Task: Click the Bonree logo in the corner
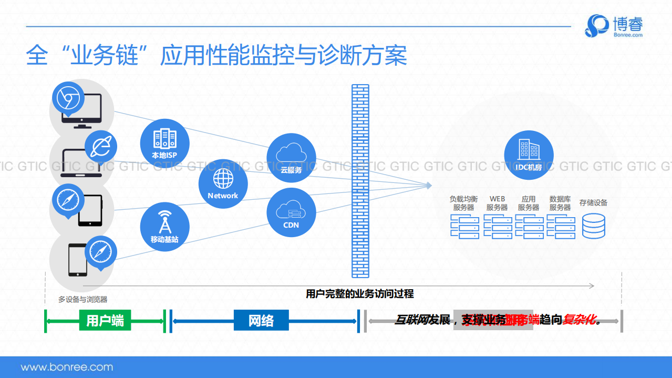pyautogui.click(x=614, y=26)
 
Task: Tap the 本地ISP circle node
pyautogui.click(x=164, y=142)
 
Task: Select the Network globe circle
pyautogui.click(x=223, y=182)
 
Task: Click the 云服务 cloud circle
pyautogui.click(x=291, y=158)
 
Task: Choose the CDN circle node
pyautogui.click(x=291, y=212)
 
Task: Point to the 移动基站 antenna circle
pyautogui.click(x=164, y=227)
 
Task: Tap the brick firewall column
pyautogui.click(x=360, y=180)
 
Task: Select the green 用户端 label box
pyautogui.click(x=105, y=320)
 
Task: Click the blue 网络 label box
pyautogui.click(x=261, y=320)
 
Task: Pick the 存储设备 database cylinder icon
pyautogui.click(x=593, y=226)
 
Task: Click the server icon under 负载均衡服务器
pyautogui.click(x=464, y=227)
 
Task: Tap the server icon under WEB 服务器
pyautogui.click(x=497, y=227)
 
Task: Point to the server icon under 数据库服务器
pyautogui.click(x=561, y=227)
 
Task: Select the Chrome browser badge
pyautogui.click(x=68, y=98)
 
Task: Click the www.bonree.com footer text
pyautogui.click(x=67, y=367)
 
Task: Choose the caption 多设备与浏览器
pyautogui.click(x=82, y=299)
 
